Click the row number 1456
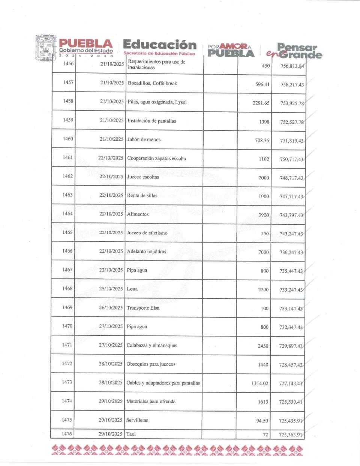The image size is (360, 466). point(68,63)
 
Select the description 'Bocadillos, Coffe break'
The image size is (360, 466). point(152,83)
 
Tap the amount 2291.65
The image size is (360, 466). point(261,103)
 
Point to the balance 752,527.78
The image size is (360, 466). point(292,122)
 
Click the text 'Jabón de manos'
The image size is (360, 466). point(144,140)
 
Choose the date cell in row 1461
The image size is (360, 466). point(111,158)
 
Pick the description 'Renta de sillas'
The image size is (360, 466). point(142,195)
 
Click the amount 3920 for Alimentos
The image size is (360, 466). point(264,215)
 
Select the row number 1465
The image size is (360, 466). point(67,232)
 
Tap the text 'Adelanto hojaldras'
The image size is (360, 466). point(146,251)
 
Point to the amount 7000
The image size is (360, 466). point(264,252)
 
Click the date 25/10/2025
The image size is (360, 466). point(111,289)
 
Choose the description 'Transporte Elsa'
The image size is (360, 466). point(143,308)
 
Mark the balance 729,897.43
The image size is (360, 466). point(291,346)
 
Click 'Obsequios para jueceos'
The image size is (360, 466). point(151,364)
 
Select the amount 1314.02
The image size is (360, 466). point(260,383)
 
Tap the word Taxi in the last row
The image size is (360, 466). point(131,434)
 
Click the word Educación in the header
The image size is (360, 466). point(160,45)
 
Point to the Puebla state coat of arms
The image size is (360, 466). point(46,48)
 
